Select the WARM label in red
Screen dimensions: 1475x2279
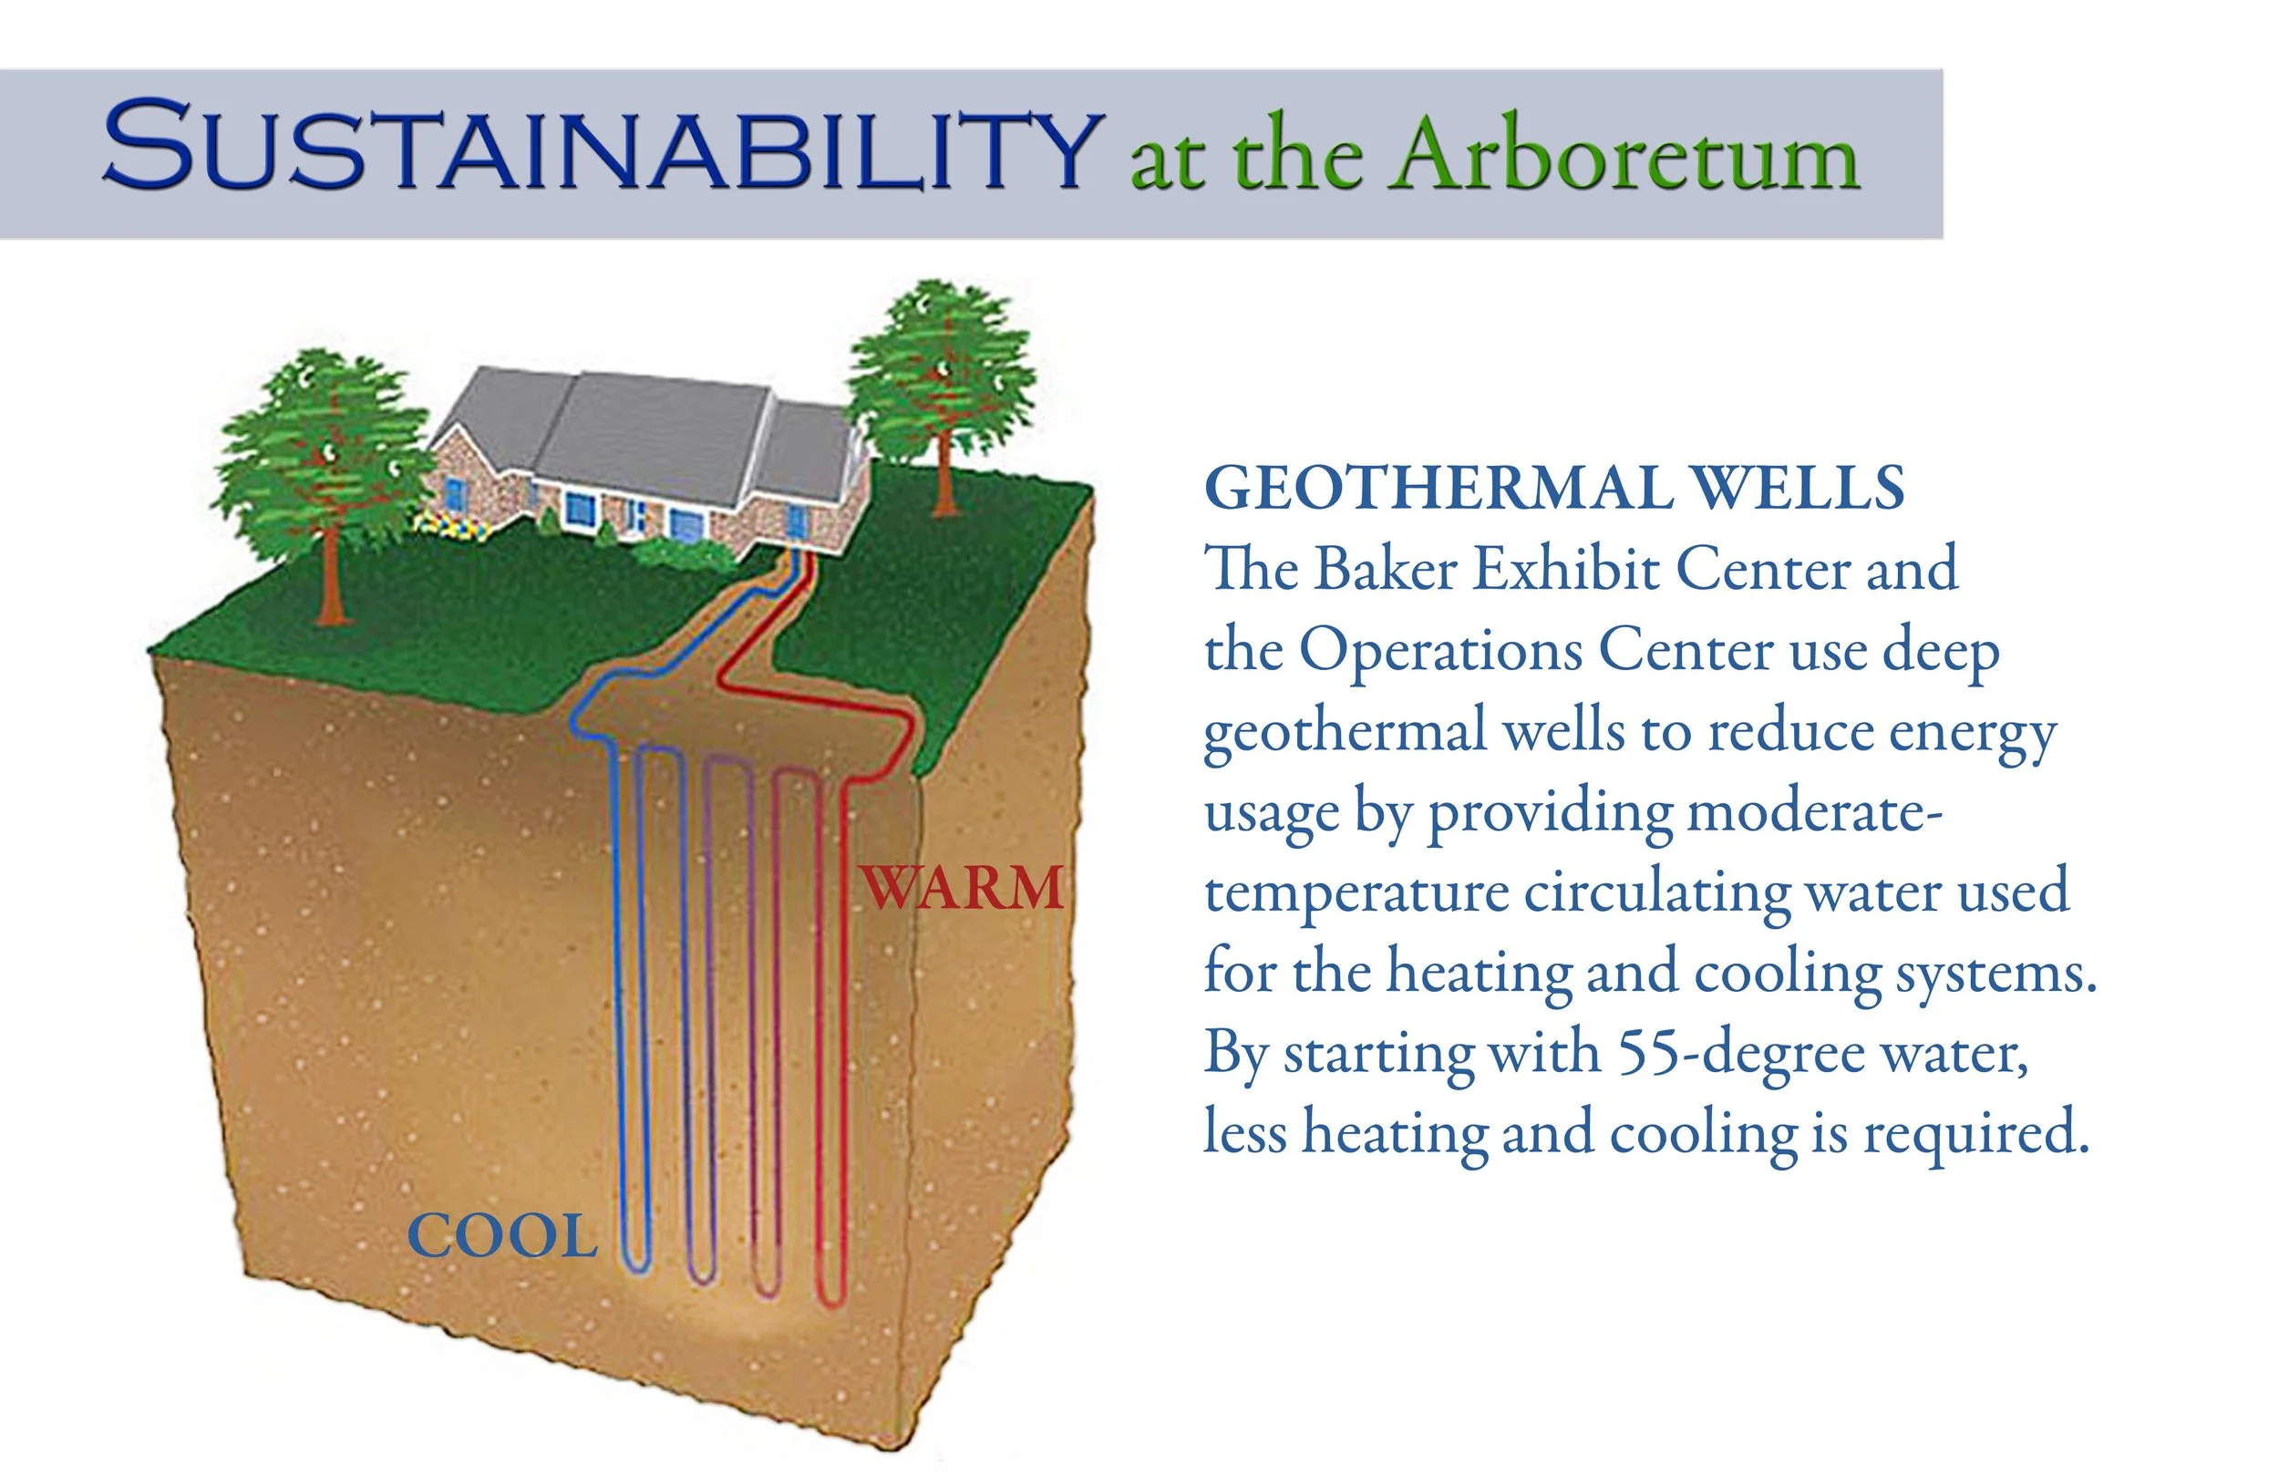coord(963,888)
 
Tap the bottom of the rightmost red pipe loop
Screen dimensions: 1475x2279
coord(830,1300)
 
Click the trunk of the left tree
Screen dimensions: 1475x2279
coord(330,574)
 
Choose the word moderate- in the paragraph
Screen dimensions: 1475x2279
coord(1815,812)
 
